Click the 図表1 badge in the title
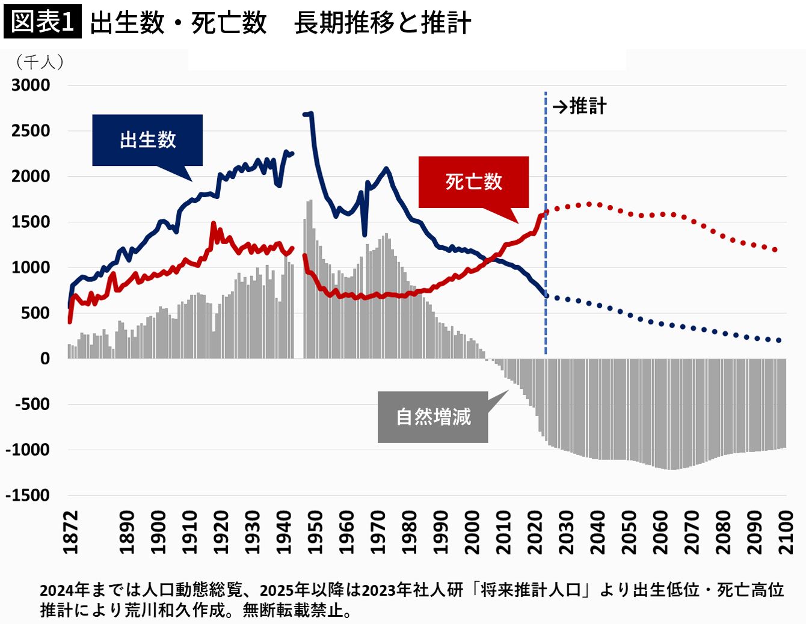[42, 22]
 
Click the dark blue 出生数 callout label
[147, 140]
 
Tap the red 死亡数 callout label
[473, 182]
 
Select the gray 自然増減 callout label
[432, 417]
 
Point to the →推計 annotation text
[579, 106]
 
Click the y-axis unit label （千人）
[40, 62]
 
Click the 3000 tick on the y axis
[31, 85]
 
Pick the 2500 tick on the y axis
[31, 131]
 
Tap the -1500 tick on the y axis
[28, 495]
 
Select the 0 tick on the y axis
[45, 359]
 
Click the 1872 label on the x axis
[71, 532]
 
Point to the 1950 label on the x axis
[315, 532]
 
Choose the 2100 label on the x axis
[786, 532]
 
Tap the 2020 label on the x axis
[535, 532]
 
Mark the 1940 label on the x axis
[284, 532]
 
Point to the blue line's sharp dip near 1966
[365, 234]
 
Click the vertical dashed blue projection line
[546, 240]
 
